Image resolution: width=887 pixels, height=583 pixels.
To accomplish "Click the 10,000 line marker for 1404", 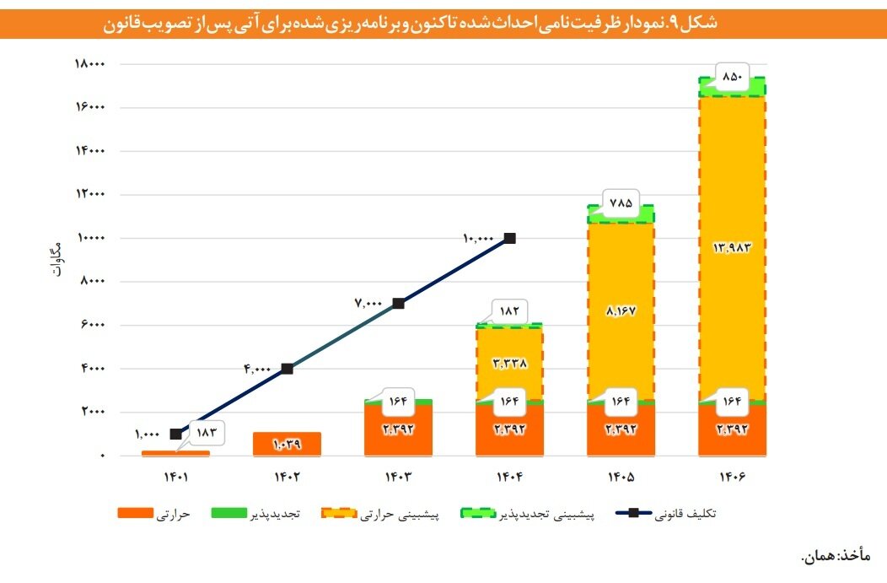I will pos(509,239).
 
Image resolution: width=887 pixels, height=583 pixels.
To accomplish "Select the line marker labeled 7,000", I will pos(398,304).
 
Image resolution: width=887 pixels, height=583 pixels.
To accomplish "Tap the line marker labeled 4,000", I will pos(287,369).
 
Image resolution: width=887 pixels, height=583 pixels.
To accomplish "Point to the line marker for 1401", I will pos(175,434).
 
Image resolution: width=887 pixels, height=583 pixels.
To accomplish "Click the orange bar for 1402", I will pos(287,444).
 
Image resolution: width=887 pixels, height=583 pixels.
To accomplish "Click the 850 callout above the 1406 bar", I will pos(733,78).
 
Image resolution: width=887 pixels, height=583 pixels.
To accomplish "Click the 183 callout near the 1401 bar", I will pos(207,433).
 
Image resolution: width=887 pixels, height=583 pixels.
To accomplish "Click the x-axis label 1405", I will pos(620,477).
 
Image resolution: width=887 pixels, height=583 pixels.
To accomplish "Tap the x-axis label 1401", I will pos(175,477).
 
